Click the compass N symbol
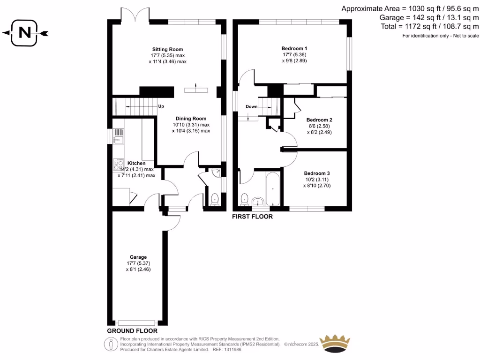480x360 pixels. (x=25, y=33)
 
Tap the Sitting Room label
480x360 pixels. (x=167, y=49)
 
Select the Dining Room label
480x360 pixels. (x=191, y=119)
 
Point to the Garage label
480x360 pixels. (x=138, y=257)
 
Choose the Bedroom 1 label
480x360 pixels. (x=294, y=48)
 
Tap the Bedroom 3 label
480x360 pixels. (x=316, y=173)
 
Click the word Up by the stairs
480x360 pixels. (x=161, y=106)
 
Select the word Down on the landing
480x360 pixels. (x=252, y=107)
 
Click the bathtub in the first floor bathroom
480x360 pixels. (x=273, y=189)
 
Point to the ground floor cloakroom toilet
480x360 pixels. (x=215, y=199)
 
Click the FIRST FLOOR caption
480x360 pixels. (x=253, y=217)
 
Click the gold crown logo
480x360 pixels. (x=335, y=343)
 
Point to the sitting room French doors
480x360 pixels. (x=135, y=14)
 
